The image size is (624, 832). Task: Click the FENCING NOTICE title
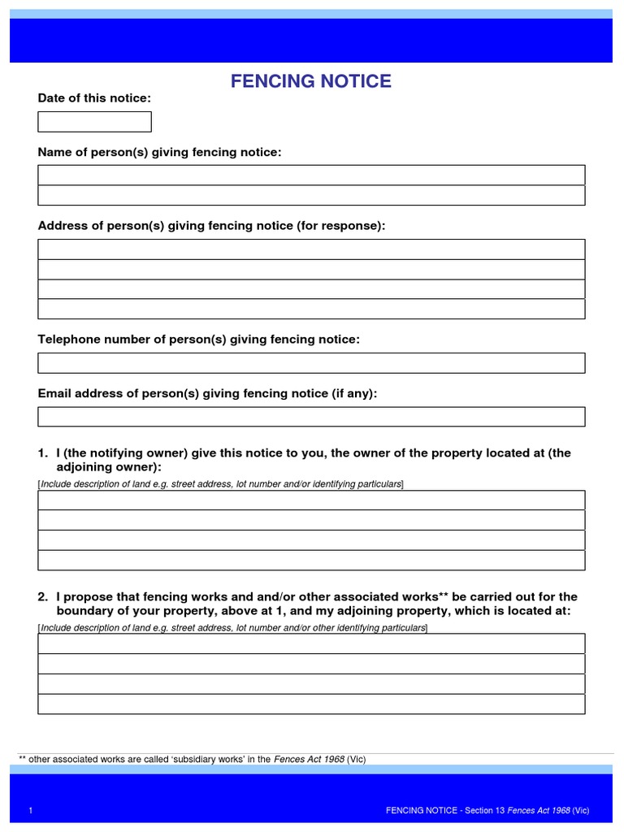(x=311, y=81)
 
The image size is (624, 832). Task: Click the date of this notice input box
(x=94, y=122)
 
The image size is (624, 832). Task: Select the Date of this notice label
(x=94, y=98)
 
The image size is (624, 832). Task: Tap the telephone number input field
(x=311, y=363)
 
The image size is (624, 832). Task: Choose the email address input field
(x=311, y=417)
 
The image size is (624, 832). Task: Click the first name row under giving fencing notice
(x=311, y=175)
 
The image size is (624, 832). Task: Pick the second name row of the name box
(x=311, y=196)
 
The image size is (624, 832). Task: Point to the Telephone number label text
(x=198, y=340)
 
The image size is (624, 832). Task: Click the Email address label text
(x=207, y=393)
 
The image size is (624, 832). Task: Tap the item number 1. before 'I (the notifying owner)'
(x=43, y=453)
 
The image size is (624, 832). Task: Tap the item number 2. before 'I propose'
(x=43, y=597)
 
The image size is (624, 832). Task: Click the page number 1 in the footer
(x=30, y=811)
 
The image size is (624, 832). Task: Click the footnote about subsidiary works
(x=192, y=760)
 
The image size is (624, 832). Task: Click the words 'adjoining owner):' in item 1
(x=109, y=467)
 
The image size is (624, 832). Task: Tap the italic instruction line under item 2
(x=232, y=628)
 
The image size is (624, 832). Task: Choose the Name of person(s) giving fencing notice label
(x=160, y=152)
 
